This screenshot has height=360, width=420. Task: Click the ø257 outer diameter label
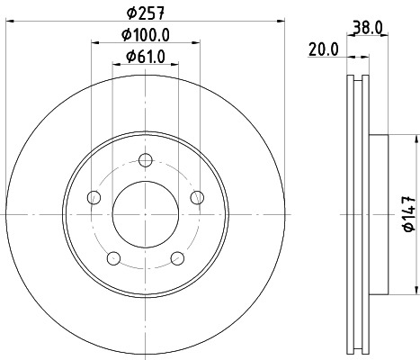pyautogui.click(x=144, y=13)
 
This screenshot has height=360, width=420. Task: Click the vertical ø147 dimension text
pyautogui.click(x=407, y=215)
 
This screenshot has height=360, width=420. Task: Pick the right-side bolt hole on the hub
pyautogui.click(x=197, y=198)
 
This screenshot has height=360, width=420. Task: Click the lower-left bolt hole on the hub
pyautogui.click(x=112, y=259)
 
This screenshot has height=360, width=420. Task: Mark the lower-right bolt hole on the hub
pyautogui.click(x=176, y=259)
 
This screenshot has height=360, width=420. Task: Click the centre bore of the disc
pyautogui.click(x=144, y=215)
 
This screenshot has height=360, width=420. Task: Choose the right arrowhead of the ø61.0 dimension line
pyautogui.click(x=173, y=70)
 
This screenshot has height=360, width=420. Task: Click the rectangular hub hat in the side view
pyautogui.click(x=379, y=215)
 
